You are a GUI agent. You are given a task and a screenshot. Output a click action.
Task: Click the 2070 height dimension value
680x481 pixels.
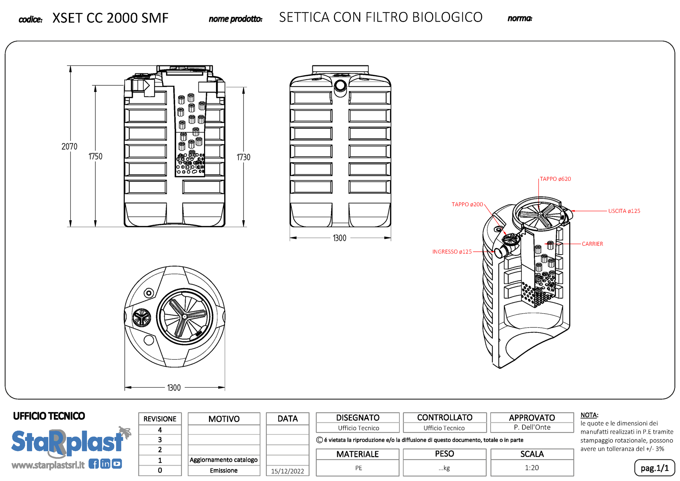click(69, 146)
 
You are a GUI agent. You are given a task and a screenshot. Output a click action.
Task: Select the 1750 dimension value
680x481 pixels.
click(95, 156)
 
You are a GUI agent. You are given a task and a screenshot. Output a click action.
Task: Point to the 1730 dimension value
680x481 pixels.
click(243, 157)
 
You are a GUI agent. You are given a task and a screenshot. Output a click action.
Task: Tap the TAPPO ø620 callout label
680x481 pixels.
click(555, 179)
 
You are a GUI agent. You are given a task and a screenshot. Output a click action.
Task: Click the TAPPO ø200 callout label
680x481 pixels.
click(467, 204)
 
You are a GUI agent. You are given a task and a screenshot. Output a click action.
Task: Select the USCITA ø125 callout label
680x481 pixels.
click(624, 211)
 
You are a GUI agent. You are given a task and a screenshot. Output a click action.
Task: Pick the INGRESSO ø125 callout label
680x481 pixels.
click(452, 252)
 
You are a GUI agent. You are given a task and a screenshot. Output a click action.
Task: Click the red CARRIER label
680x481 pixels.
click(592, 244)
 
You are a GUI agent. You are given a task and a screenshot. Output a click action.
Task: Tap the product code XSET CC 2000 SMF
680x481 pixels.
click(110, 18)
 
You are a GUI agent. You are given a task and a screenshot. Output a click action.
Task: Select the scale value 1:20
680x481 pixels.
click(532, 468)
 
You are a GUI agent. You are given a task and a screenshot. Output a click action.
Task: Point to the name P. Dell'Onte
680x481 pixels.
click(532, 427)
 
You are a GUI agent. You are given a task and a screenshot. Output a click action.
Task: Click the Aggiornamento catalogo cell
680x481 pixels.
click(224, 460)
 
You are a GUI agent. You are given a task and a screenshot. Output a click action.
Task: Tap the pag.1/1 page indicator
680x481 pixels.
click(654, 468)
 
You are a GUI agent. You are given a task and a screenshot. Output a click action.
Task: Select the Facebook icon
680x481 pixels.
click(93, 464)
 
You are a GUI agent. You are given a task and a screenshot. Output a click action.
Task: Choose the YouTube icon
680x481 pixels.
click(117, 464)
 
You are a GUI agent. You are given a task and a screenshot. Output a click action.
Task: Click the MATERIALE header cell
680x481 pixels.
click(357, 454)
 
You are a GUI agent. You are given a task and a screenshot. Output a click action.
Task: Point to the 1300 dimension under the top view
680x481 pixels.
click(174, 388)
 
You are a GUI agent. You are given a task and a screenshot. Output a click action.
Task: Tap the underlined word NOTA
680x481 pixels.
click(589, 415)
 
